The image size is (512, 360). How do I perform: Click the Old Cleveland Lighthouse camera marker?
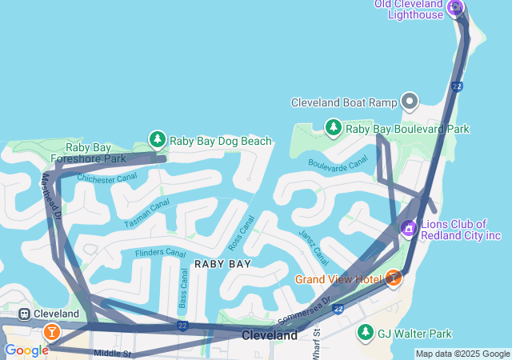[x=455, y=8]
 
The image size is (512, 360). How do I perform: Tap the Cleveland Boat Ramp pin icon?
[x=410, y=102]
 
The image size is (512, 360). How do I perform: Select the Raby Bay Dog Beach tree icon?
[x=158, y=140]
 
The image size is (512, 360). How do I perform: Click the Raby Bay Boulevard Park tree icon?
[x=334, y=127]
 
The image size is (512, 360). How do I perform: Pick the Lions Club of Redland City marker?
[x=408, y=230]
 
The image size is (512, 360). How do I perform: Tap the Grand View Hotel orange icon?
[x=393, y=278]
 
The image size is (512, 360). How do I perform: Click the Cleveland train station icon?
[x=25, y=314]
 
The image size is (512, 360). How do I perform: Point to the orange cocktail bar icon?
[x=51, y=330]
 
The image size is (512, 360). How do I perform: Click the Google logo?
[x=26, y=350]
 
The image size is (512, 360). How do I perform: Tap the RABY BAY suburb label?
[x=222, y=263]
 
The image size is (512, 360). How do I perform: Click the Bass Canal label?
[x=184, y=288]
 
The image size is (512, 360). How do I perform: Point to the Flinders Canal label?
[x=160, y=254]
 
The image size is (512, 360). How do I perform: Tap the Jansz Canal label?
[x=314, y=248]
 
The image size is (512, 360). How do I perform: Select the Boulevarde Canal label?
[x=337, y=162]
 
